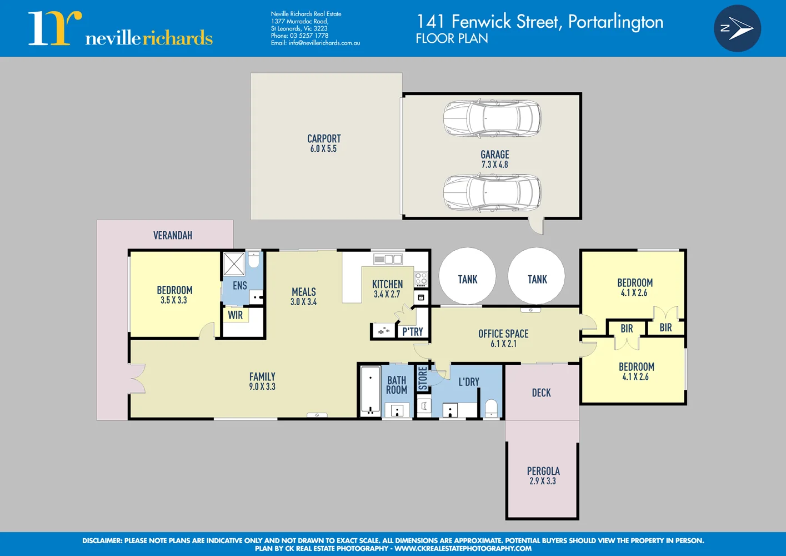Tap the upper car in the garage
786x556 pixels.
point(492,118)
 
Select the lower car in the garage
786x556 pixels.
point(492,193)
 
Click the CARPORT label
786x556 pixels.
point(324,138)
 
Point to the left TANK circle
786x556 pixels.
point(467,276)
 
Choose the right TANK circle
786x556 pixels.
point(537,276)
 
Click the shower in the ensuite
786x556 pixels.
point(234,264)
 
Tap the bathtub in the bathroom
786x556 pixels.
point(370,389)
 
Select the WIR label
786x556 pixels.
point(235,315)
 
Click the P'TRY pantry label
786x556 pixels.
point(413,332)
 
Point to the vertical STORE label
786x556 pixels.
point(423,378)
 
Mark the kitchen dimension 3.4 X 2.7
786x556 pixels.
point(387,294)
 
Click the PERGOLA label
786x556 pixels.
point(543,471)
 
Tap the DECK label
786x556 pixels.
point(541,393)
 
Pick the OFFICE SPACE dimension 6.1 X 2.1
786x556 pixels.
point(503,344)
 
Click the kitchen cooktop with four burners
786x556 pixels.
point(421,279)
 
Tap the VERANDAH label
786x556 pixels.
point(173,236)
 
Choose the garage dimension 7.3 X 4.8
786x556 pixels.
point(494,165)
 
